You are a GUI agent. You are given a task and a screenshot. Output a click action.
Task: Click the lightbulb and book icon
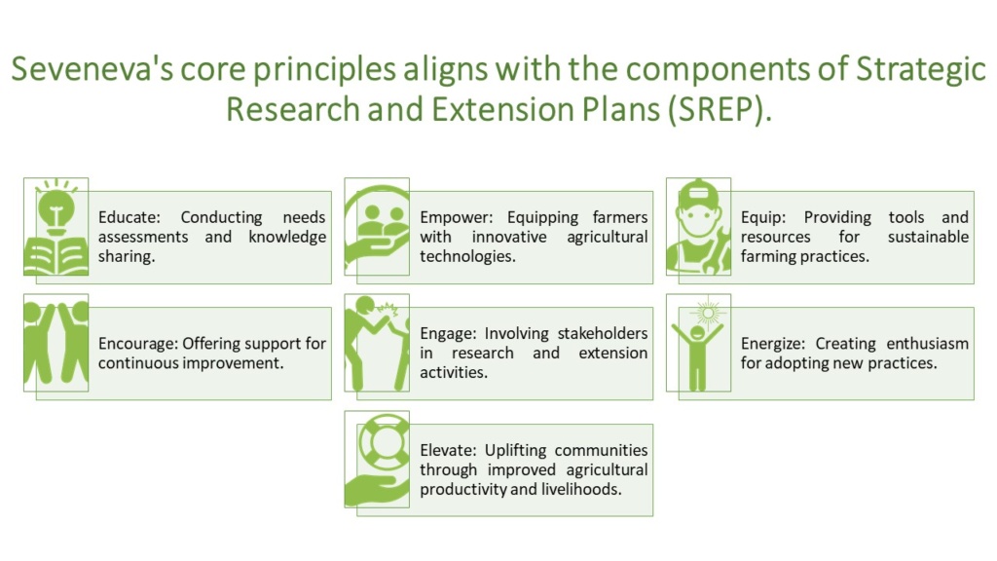(x=55, y=227)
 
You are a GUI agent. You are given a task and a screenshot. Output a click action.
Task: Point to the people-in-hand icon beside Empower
(x=377, y=227)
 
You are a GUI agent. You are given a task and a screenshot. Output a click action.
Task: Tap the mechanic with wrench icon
(x=698, y=227)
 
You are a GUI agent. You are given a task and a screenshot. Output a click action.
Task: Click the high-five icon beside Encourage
(x=55, y=342)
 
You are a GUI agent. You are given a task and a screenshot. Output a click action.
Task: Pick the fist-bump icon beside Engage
(x=377, y=342)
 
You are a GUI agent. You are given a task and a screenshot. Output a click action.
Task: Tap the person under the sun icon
(x=698, y=342)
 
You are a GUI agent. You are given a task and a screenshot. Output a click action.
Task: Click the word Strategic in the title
(x=920, y=71)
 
